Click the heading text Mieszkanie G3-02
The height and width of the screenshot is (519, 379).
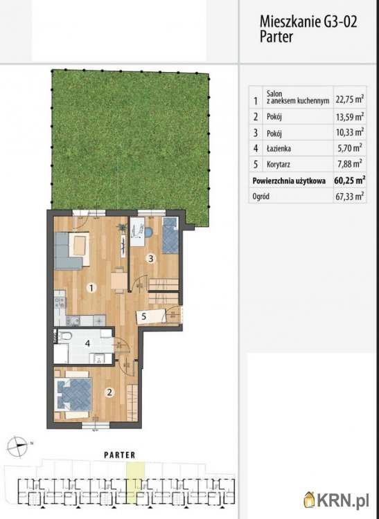(308, 22)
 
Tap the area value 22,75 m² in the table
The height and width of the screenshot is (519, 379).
(349, 99)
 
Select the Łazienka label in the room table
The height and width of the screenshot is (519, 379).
(279, 149)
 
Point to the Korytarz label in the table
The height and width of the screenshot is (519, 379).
(278, 164)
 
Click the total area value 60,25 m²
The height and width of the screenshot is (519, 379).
(349, 181)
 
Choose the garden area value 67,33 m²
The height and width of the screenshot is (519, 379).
(350, 197)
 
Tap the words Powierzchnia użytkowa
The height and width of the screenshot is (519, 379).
(289, 181)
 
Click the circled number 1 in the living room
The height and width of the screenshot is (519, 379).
(91, 288)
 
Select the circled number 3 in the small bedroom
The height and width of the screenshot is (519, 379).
(151, 259)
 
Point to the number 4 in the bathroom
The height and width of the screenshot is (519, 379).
(87, 343)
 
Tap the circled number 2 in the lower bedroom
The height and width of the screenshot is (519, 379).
(109, 392)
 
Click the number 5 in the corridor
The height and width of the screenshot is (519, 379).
(144, 316)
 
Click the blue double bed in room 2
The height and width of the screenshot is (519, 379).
(73, 394)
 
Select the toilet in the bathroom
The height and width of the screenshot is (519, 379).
(66, 336)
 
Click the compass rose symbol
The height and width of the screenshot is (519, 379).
(17, 446)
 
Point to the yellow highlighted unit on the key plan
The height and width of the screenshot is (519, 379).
(136, 482)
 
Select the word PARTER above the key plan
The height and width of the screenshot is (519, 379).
(120, 455)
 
